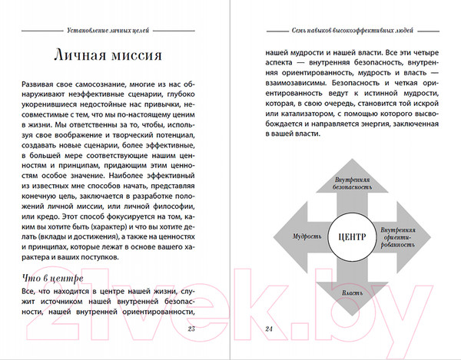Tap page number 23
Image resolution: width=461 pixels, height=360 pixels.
click(x=191, y=329)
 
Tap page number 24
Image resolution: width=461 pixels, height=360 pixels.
click(x=269, y=329)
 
